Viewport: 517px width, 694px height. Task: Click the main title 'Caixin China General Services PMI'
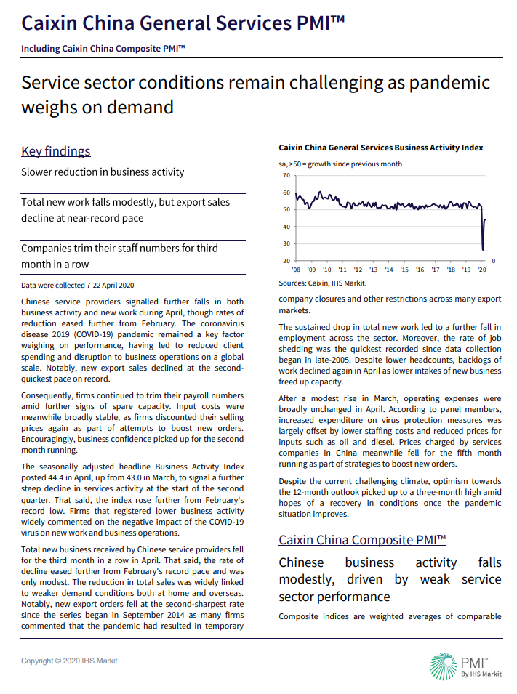183,23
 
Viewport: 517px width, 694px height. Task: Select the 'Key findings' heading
56,151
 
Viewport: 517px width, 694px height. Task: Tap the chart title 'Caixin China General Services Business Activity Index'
380,148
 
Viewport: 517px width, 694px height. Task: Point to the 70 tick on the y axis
286,175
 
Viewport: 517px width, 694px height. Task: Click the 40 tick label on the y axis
286,227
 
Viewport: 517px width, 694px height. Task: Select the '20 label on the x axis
481,269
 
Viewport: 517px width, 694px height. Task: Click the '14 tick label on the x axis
389,269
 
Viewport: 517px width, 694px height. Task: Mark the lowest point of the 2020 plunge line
484,250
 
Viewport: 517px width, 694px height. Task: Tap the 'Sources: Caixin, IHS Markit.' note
323,283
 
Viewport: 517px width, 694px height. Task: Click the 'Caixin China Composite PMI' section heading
361,540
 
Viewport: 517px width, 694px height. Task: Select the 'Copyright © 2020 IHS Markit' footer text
69,661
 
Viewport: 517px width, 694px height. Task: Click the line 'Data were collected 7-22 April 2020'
78,286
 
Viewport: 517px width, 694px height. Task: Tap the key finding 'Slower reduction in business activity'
103,172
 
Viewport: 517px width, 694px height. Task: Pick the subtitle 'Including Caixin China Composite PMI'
103,49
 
